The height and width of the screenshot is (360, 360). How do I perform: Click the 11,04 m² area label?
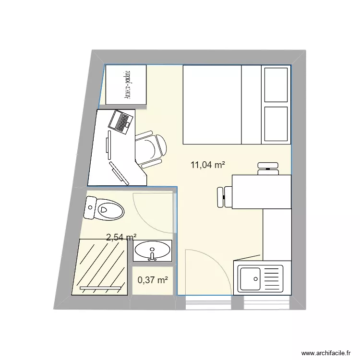click(x=208, y=165)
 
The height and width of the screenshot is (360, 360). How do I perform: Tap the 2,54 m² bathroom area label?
click(x=121, y=237)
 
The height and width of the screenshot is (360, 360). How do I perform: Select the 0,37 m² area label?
click(x=153, y=280)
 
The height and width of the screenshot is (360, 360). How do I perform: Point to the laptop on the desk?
click(x=120, y=121)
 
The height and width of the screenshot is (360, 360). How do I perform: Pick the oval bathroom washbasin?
click(x=152, y=251)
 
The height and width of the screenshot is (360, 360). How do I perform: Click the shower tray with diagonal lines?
click(x=100, y=266)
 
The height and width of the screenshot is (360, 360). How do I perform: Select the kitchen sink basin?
click(x=250, y=277)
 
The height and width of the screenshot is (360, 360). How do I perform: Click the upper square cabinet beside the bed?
click(x=276, y=84)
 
